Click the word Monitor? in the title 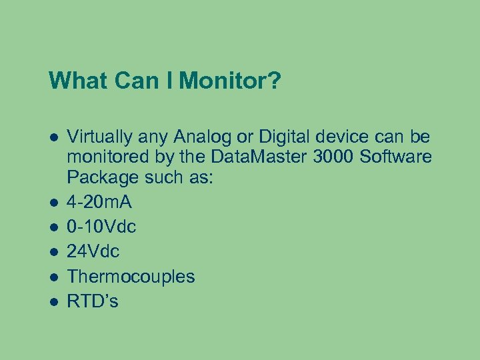(x=230, y=81)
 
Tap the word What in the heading (x=75, y=81)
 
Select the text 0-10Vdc (x=101, y=227)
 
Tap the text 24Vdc (x=93, y=252)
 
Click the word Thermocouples (x=131, y=277)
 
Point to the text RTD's (x=93, y=301)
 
